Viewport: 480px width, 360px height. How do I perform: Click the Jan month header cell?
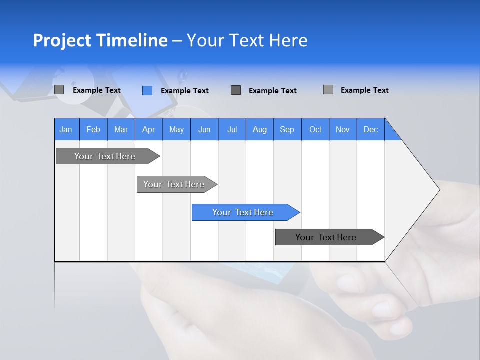click(66, 129)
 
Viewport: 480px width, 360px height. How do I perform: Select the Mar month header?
click(121, 129)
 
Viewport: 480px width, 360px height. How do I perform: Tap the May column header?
click(176, 129)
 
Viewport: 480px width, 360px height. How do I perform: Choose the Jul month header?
click(232, 129)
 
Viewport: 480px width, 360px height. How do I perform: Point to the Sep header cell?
click(287, 129)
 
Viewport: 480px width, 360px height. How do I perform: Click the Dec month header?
click(370, 129)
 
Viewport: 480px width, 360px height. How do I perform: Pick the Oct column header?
click(315, 129)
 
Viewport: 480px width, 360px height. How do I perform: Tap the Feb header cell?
click(93, 129)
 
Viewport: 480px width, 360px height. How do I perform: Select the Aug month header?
click(259, 129)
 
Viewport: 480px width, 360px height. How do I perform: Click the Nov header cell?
click(343, 129)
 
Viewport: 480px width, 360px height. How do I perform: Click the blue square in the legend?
click(147, 90)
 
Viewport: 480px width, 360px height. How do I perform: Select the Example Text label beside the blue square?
click(185, 91)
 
